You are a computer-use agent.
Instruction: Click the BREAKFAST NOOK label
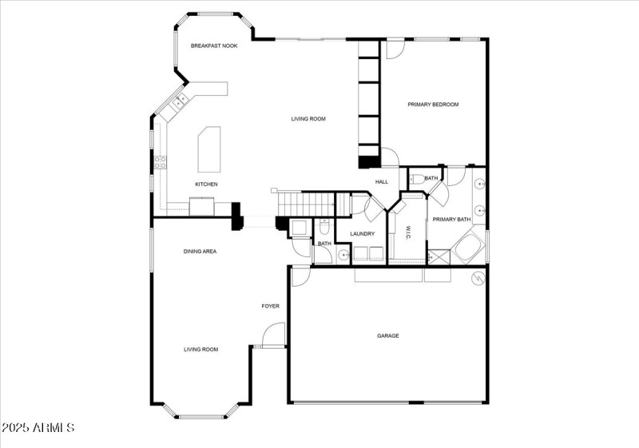pos(214,46)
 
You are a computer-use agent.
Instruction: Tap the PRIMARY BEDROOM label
pos(433,105)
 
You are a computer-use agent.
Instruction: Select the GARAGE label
pos(388,335)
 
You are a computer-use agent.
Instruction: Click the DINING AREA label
pos(200,252)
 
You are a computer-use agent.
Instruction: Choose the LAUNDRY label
pos(363,234)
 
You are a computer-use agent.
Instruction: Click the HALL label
pos(382,182)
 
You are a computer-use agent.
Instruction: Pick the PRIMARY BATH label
pos(451,220)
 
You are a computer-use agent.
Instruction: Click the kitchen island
pos(209,149)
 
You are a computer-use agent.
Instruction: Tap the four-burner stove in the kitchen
pos(161,162)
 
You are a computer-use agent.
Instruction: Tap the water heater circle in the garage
pos(478,278)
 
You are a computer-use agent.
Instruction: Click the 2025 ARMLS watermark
pos(38,428)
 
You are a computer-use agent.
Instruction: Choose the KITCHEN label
pos(206,184)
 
